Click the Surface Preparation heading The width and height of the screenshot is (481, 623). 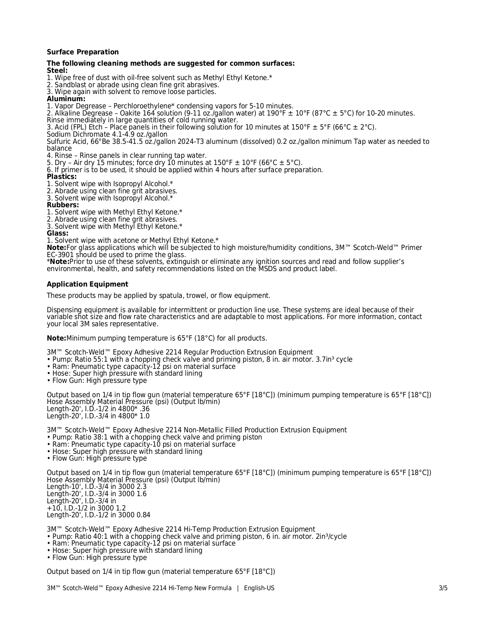[83, 52]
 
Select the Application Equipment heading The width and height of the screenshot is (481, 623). [87, 284]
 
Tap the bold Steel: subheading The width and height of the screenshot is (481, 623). [57, 71]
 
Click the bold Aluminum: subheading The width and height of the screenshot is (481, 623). [66, 99]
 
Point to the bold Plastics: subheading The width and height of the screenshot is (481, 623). [61, 177]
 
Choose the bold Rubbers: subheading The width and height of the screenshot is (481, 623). [63, 205]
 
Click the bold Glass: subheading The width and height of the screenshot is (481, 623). [57, 233]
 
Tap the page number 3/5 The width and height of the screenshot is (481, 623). [443, 588]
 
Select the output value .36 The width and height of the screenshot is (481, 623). [144, 409]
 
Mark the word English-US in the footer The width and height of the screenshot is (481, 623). [259, 588]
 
